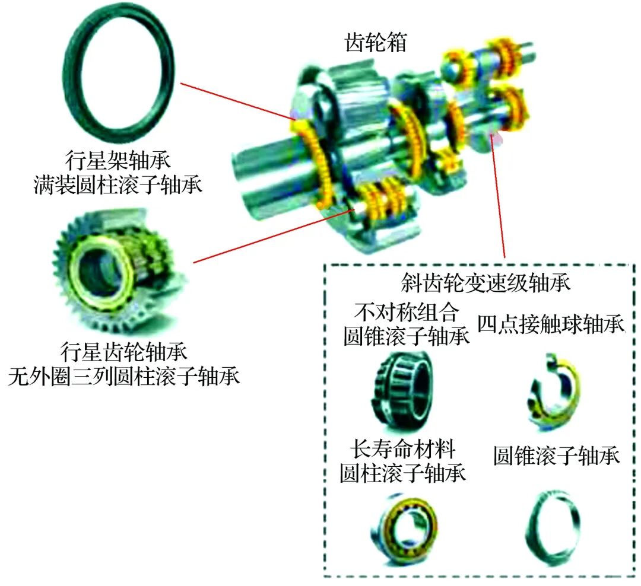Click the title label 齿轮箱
tap(376, 43)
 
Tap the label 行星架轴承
tap(118, 160)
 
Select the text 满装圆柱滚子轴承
tap(118, 184)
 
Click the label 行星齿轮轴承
tap(123, 352)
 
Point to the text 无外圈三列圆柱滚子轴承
tap(123, 376)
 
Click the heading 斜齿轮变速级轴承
tap(485, 283)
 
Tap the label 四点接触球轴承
tap(551, 324)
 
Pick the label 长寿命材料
tap(402, 449)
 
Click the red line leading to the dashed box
tap(497, 196)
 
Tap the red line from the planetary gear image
tap(274, 236)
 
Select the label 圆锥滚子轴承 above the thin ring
tap(557, 456)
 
